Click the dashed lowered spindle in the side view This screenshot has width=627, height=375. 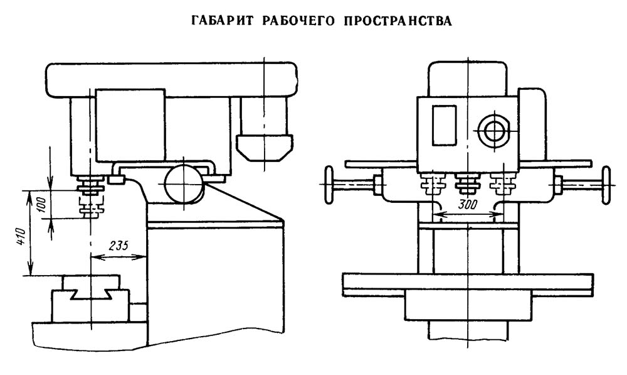pyautogui.click(x=91, y=207)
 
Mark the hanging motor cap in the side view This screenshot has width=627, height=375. pyautogui.click(x=263, y=147)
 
